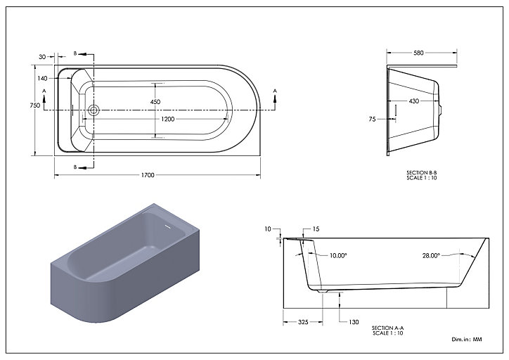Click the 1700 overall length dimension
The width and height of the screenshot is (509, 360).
148,175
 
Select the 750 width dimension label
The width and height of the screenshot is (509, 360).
34,105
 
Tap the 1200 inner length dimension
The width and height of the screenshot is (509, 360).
167,119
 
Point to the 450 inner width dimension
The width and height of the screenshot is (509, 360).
155,102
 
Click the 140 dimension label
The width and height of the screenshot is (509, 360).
42,78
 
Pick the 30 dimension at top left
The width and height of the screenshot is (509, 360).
42,57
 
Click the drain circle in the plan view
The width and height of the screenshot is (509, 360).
94,110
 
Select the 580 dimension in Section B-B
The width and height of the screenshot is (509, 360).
418,53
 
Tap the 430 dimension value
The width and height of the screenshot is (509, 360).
414,101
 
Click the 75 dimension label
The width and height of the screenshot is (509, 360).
372,120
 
